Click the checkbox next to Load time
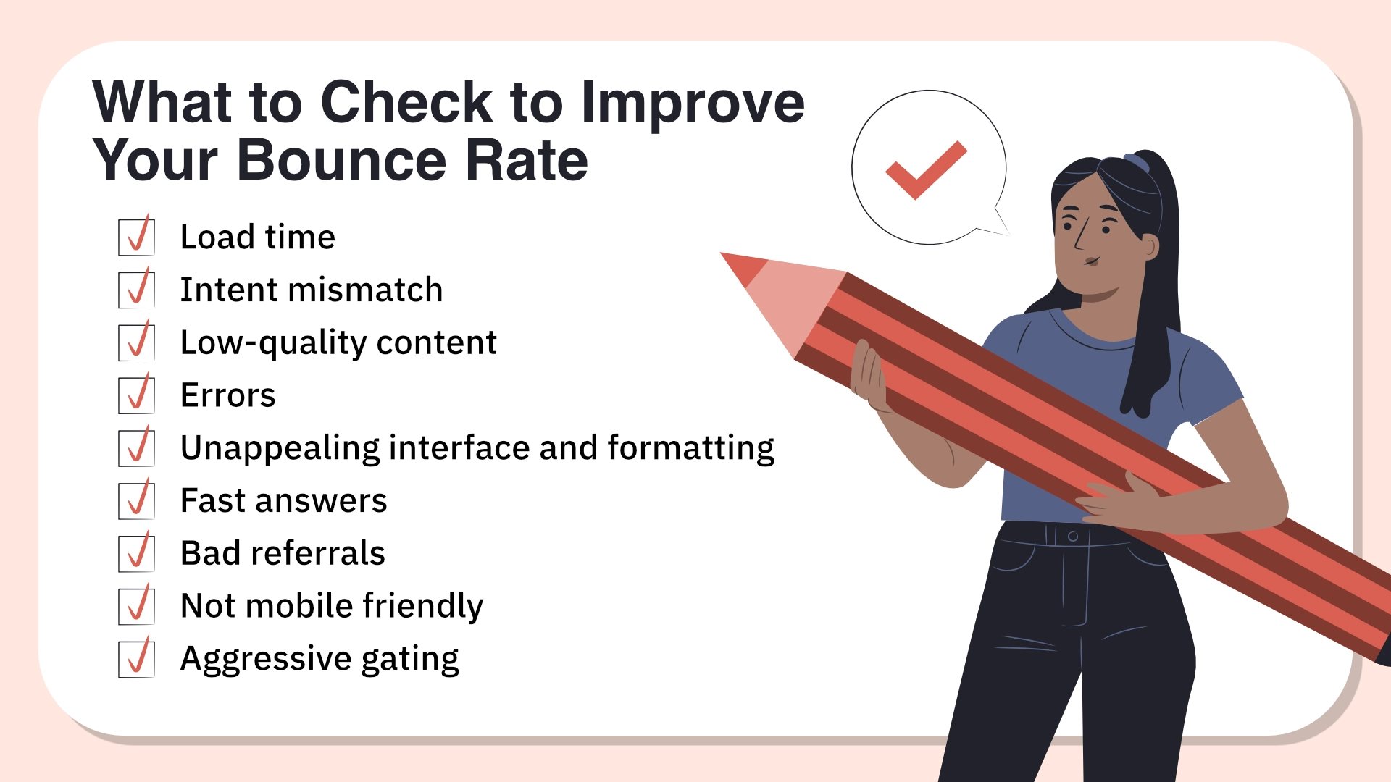136,237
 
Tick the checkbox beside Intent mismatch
136,290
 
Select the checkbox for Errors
136,395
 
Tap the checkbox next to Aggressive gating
136,659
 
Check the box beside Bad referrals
136,553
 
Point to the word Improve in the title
693,104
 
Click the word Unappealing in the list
280,449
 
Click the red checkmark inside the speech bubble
926,170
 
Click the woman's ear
1148,247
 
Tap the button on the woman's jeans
1073,537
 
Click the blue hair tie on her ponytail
1136,162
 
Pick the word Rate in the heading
527,160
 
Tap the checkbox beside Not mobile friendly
136,606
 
